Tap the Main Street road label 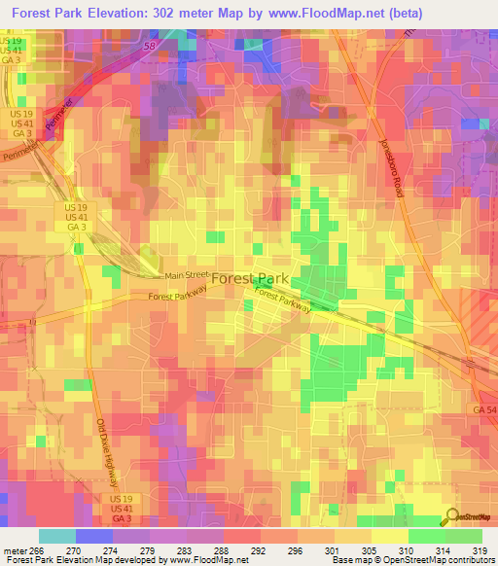click(x=185, y=275)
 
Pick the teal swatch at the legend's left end click(x=56, y=536)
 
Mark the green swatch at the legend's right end click(x=464, y=536)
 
